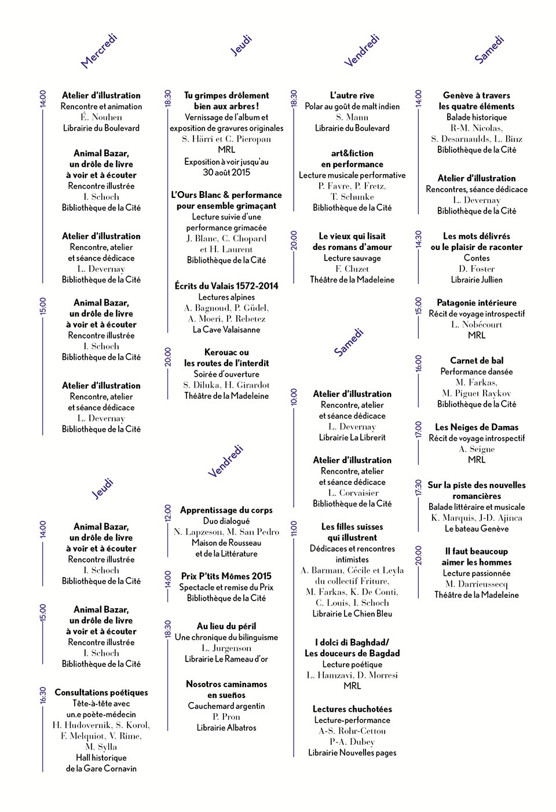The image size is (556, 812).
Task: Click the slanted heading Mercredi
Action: tap(99, 51)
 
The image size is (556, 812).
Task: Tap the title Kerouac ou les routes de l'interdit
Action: tap(226, 358)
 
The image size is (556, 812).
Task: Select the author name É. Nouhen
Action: tap(101, 117)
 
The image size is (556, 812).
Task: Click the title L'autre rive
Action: tap(352, 95)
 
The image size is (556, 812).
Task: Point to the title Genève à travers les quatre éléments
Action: tap(477, 101)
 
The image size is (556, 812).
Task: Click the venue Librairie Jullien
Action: tap(477, 280)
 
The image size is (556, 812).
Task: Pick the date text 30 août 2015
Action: tap(226, 172)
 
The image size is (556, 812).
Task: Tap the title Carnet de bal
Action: tap(477, 360)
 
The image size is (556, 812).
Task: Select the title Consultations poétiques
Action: tap(101, 692)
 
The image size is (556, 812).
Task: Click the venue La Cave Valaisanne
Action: tap(226, 329)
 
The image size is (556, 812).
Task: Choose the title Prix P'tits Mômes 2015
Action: tap(226, 576)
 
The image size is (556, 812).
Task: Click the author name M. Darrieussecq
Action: tap(477, 584)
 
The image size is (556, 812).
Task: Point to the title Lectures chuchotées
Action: tap(352, 709)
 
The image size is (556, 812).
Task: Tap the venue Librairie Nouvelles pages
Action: tap(352, 752)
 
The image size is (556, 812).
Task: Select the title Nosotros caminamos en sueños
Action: tap(226, 689)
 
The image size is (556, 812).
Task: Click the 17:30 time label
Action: tap(418, 487)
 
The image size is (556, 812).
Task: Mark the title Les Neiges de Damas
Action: tap(477, 427)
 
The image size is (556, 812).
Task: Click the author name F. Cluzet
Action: tap(352, 269)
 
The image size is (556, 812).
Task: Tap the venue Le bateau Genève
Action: tap(477, 528)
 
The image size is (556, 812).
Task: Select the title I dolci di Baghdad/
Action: tap(352, 642)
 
